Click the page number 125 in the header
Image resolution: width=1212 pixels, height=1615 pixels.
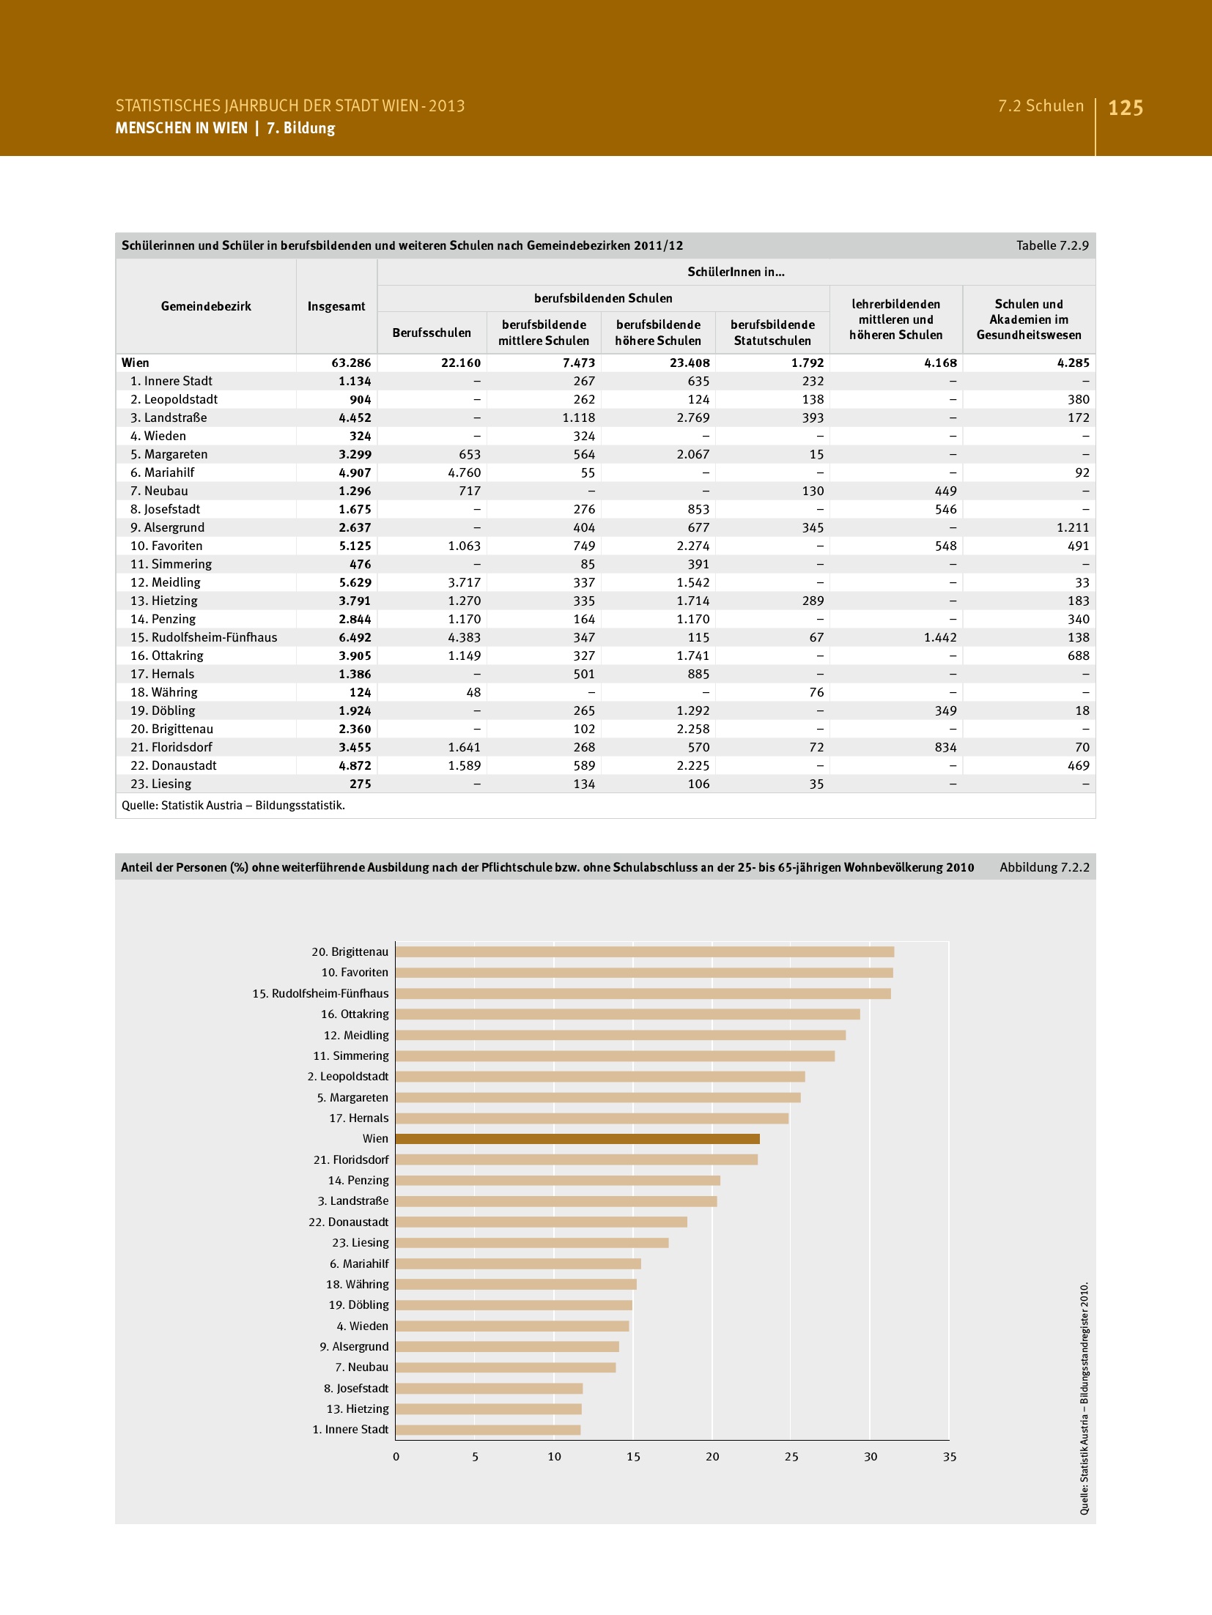[x=1125, y=108]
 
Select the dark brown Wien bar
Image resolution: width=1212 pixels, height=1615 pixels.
[x=577, y=1139]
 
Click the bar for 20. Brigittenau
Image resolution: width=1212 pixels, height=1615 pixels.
[x=644, y=951]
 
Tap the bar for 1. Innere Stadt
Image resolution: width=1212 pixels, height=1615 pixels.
[x=488, y=1430]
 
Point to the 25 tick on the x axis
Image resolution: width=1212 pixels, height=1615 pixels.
[x=791, y=1457]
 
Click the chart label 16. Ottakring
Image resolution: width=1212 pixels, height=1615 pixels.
[x=355, y=1014]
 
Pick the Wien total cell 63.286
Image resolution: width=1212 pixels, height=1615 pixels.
[x=351, y=363]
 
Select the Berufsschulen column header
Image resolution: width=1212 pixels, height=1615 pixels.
[x=432, y=333]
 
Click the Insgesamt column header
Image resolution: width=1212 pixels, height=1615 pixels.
[x=336, y=306]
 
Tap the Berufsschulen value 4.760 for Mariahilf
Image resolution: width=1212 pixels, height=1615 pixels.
[x=464, y=472]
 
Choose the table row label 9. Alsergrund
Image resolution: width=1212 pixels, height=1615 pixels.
[x=167, y=527]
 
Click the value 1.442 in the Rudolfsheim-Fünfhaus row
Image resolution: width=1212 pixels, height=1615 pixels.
[x=940, y=637]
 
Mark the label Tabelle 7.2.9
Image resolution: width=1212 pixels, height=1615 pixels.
[x=1052, y=245]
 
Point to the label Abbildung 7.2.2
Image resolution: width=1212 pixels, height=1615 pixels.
[x=1044, y=867]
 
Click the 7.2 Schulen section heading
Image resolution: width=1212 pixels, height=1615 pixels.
[x=1041, y=106]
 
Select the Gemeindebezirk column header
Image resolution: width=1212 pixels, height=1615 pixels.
[x=206, y=306]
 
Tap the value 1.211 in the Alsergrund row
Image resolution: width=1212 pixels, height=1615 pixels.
[x=1073, y=527]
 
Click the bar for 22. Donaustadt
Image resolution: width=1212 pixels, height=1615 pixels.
[x=542, y=1222]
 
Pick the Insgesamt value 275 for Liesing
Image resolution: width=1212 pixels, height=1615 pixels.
[x=360, y=784]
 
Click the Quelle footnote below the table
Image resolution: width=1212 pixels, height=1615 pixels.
[x=233, y=805]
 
